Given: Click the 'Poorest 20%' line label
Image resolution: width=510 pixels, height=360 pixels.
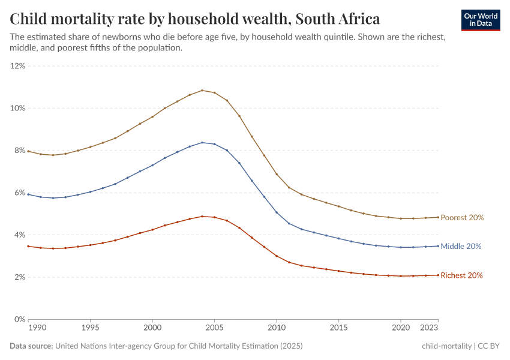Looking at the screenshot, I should point(462,218).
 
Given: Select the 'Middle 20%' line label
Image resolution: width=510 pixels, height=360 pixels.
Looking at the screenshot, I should point(461,247).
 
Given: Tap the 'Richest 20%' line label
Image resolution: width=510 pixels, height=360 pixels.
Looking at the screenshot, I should point(461,275).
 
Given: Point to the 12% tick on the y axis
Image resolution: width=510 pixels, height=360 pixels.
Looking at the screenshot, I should point(17,66).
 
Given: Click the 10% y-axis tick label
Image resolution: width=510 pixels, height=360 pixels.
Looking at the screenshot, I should point(17,108).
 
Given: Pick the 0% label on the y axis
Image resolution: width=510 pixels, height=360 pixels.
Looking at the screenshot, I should point(19,319).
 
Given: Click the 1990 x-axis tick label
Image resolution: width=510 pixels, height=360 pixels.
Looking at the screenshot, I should point(37,329).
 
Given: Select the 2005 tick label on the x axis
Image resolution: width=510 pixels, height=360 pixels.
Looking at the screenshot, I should point(214,329).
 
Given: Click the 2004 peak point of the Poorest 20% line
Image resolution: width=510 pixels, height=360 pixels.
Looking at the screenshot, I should point(202,91).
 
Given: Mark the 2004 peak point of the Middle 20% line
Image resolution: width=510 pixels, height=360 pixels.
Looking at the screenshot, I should point(202,142).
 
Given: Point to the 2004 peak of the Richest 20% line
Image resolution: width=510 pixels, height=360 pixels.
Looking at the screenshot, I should point(202,216).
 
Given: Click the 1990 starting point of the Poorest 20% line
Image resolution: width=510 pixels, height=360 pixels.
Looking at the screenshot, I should point(28,151).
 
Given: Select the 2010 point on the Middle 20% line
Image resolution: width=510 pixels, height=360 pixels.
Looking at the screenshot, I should point(277,212).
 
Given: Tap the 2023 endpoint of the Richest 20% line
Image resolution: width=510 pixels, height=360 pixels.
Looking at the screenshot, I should point(438,275).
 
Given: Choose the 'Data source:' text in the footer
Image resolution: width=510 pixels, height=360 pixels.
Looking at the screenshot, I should point(31,346).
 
